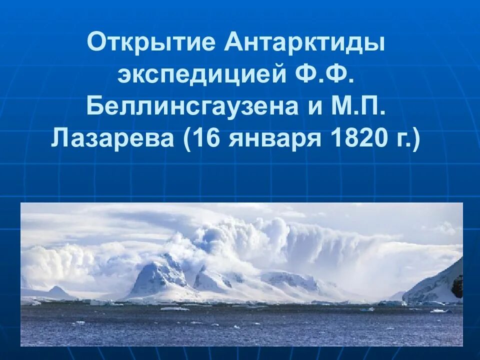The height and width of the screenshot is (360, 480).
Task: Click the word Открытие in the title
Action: pos(150,43)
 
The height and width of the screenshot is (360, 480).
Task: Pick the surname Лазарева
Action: pos(112,137)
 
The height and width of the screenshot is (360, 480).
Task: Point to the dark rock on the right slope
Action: pos(457,286)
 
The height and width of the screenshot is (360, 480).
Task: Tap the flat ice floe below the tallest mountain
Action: pos(174,308)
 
